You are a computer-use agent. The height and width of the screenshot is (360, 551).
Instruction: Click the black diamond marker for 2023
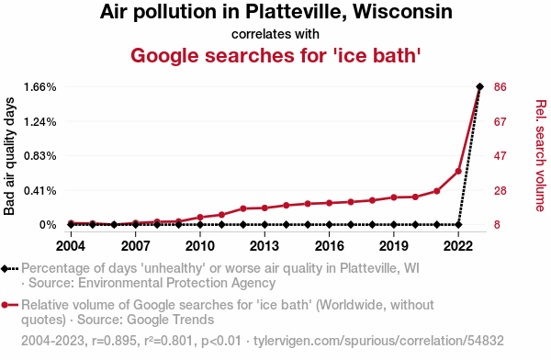pos(479,86)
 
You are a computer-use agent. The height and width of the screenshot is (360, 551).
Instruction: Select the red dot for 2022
pos(458,171)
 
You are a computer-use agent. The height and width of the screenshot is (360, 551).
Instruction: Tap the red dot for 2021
pos(437,191)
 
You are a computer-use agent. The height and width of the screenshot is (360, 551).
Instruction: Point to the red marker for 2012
pos(243,208)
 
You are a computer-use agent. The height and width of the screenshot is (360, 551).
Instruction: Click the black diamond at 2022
pos(458,224)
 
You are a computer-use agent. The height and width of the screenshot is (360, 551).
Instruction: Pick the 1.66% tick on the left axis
pos(40,87)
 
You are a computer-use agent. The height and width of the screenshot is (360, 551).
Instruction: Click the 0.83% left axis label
pos(40,156)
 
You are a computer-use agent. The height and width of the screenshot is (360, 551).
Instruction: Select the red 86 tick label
pos(500,87)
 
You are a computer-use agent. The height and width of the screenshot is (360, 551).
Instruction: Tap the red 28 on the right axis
pos(500,191)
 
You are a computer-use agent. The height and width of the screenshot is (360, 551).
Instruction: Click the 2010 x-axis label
pos(200,246)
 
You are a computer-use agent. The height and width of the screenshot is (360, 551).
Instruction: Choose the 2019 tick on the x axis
pos(394,246)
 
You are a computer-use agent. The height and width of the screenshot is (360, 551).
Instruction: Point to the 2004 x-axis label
pos(71,246)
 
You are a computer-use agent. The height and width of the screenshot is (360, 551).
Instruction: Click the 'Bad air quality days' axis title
pos(9,156)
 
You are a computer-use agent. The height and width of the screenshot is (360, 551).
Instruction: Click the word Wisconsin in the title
pos(403,12)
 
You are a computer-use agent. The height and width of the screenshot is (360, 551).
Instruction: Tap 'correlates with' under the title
pos(275,34)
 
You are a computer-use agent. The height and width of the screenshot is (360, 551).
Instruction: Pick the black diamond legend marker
pos(5,269)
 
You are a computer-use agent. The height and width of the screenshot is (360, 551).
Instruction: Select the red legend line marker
pos(9,305)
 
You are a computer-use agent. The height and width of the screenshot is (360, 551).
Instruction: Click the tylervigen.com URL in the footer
pos(378,341)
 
